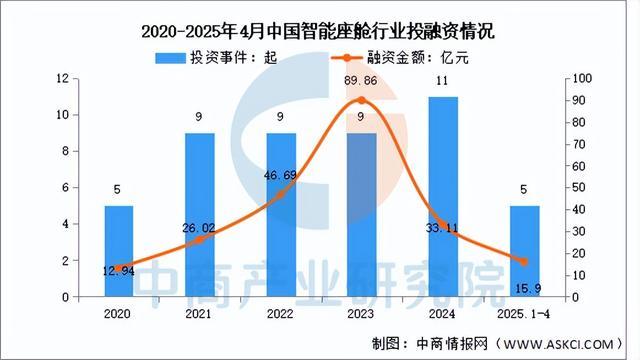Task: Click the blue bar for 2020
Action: click(x=120, y=251)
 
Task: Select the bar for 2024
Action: click(x=443, y=196)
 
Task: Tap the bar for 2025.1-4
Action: click(x=524, y=251)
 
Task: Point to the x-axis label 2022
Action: click(x=281, y=312)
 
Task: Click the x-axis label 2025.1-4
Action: click(x=524, y=312)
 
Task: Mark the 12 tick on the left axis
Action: click(x=62, y=78)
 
